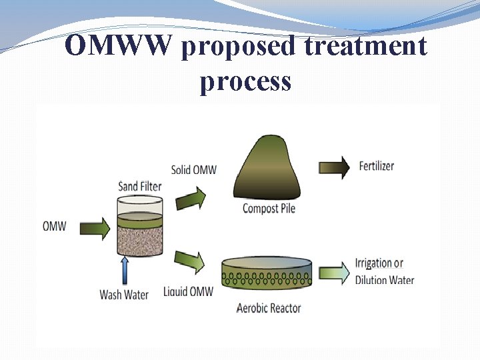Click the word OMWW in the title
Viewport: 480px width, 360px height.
[x=120, y=47]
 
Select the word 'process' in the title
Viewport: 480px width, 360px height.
[x=245, y=81]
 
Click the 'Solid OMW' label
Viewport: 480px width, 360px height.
[x=194, y=169]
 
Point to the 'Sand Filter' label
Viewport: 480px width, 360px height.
[x=140, y=185]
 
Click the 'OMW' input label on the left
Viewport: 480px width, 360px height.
[x=55, y=227]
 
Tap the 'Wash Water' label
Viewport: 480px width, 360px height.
[x=124, y=294]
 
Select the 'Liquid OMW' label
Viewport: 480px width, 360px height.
[x=189, y=291]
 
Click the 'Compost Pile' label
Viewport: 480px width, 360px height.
[x=269, y=209]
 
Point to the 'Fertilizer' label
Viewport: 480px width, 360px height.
[x=377, y=166]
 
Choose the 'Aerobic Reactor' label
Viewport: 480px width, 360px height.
[x=269, y=308]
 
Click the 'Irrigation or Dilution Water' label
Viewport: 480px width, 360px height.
[x=385, y=271]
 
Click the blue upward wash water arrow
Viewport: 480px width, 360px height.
[x=125, y=269]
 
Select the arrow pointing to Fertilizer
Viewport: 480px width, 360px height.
[x=335, y=167]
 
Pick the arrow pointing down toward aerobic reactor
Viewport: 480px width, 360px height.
[x=190, y=260]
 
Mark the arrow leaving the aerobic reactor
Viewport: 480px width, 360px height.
[x=334, y=272]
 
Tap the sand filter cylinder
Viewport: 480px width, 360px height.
[x=140, y=227]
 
